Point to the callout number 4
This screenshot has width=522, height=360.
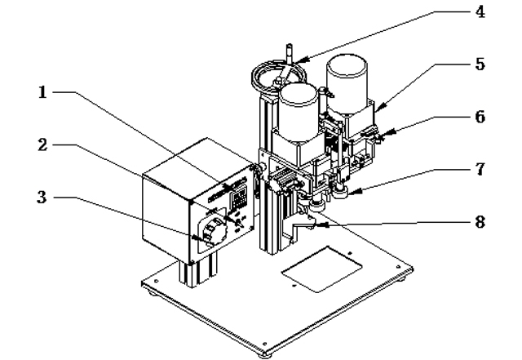[478, 12]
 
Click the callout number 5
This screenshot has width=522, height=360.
[479, 63]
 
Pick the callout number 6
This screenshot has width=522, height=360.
[479, 116]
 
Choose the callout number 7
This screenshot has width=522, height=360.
[479, 171]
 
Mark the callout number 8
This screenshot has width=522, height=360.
[479, 220]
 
